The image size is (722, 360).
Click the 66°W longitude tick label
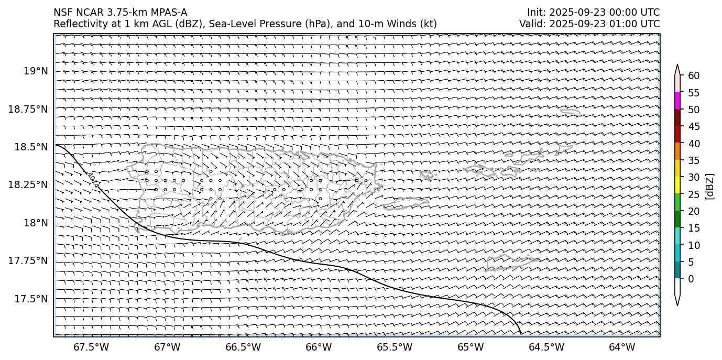(319, 347)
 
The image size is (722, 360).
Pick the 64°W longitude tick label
(622, 347)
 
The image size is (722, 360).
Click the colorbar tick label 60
(694, 76)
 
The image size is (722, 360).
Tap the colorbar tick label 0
(691, 279)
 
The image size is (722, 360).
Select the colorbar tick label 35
(694, 160)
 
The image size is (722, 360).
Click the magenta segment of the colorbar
(677, 101)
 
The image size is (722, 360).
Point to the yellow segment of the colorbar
(677, 185)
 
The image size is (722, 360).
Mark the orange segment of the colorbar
(677, 151)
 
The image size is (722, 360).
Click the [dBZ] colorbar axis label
(710, 186)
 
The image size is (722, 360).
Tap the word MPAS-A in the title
(168, 13)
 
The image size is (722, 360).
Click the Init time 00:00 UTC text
(631, 13)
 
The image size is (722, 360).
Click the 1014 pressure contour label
(93, 179)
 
